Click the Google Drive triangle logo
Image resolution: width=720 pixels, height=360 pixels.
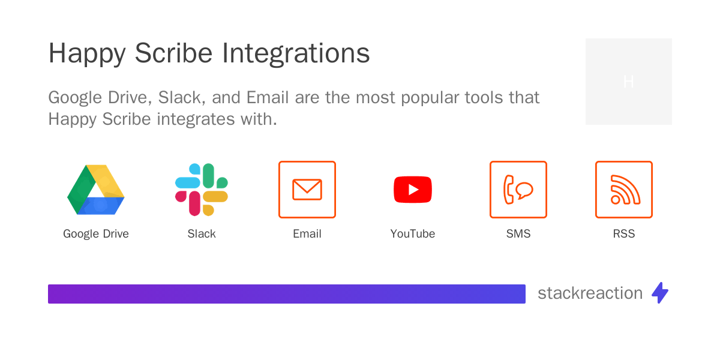pos(96,190)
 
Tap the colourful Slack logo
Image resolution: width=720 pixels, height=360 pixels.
pos(202,190)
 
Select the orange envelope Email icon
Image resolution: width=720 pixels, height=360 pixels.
pos(307,190)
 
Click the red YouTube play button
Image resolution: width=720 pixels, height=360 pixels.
pos(413,190)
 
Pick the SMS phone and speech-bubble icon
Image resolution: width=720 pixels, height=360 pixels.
pos(518,190)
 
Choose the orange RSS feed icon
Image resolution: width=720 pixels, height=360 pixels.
pos(624,190)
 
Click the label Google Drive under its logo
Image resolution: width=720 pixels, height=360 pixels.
pos(96,234)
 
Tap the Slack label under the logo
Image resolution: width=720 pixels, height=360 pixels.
pos(202,234)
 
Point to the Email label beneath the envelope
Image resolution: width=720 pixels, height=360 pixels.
pos(307,234)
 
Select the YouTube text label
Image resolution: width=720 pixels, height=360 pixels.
pos(413,234)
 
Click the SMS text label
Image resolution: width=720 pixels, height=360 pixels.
pos(518,234)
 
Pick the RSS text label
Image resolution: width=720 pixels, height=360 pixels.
pos(624,234)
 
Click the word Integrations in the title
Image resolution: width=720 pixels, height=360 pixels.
pos(296,54)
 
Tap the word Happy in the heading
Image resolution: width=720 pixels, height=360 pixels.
pos(87,54)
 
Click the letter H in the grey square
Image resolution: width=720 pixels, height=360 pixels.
pos(629,82)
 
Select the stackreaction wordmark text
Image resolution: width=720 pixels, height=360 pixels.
pos(590,293)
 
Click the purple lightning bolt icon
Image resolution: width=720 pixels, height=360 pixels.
pos(660,293)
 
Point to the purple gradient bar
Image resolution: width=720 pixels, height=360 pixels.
pos(287,294)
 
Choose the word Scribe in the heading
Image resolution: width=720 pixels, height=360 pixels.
pos(174,54)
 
